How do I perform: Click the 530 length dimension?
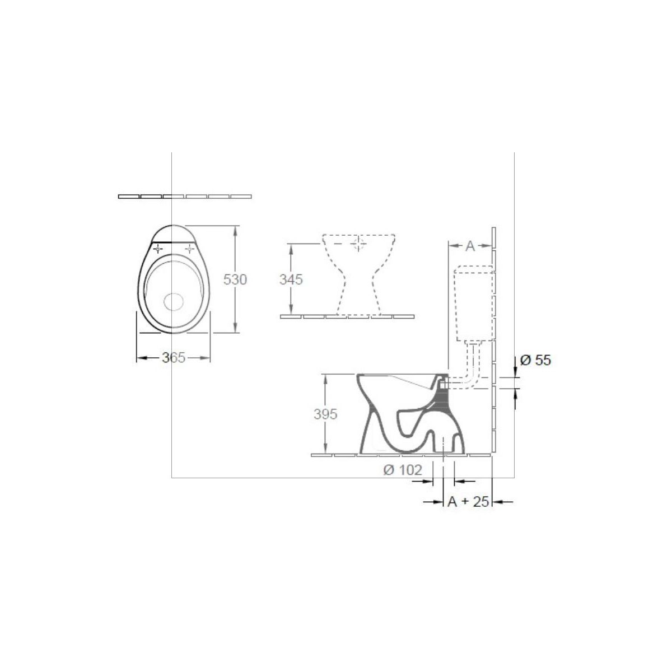235,279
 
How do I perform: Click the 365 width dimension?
173,357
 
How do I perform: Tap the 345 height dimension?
291,279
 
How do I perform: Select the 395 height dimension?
325,414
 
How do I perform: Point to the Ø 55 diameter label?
535,360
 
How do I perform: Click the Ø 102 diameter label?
403,470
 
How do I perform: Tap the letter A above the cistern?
470,246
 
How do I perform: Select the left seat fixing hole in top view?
158,249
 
